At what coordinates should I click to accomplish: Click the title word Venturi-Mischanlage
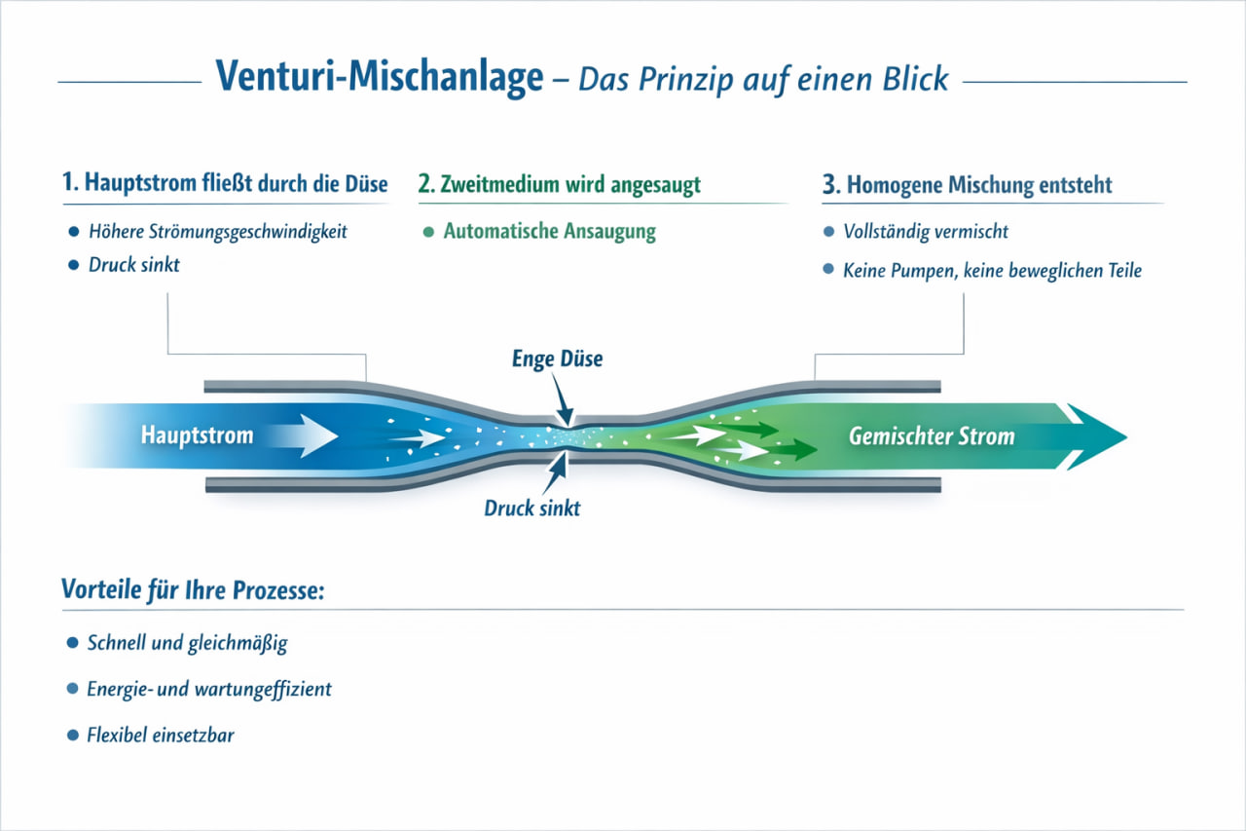coord(380,77)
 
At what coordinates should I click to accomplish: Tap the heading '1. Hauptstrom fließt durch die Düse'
coord(225,183)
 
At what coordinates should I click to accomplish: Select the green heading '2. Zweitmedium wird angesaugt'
coord(560,183)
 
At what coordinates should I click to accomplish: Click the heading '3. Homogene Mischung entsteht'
coord(980,184)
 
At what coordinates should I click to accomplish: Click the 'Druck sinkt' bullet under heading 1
coord(133,264)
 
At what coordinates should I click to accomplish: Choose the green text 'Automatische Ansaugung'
coord(549,232)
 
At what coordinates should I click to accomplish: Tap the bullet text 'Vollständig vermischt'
coord(926,232)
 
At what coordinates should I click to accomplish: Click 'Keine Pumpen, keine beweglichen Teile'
coord(992,270)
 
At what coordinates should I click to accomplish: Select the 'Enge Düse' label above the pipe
coord(557,359)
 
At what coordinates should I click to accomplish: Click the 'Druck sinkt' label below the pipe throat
coord(531,508)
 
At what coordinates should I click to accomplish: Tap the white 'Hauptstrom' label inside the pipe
coord(197,434)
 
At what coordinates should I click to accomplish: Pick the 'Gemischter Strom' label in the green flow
coord(932,435)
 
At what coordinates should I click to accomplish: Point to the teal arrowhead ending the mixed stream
coord(1095,435)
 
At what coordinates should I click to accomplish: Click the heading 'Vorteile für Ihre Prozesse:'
coord(192,590)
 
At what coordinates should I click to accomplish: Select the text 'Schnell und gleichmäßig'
coord(187,643)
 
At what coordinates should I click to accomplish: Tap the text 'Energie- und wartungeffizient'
coord(209,689)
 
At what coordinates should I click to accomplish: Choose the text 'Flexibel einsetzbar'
coord(161,734)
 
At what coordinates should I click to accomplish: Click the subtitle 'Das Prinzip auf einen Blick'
coord(763,78)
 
